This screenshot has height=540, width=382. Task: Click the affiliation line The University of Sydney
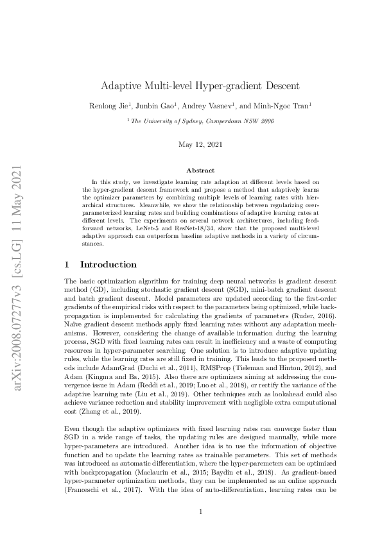click(x=191, y=120)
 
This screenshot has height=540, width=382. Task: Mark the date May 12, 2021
click(x=191, y=144)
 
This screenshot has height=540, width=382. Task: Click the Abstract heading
click(x=191, y=171)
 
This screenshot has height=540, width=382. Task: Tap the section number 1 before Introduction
click(x=67, y=264)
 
